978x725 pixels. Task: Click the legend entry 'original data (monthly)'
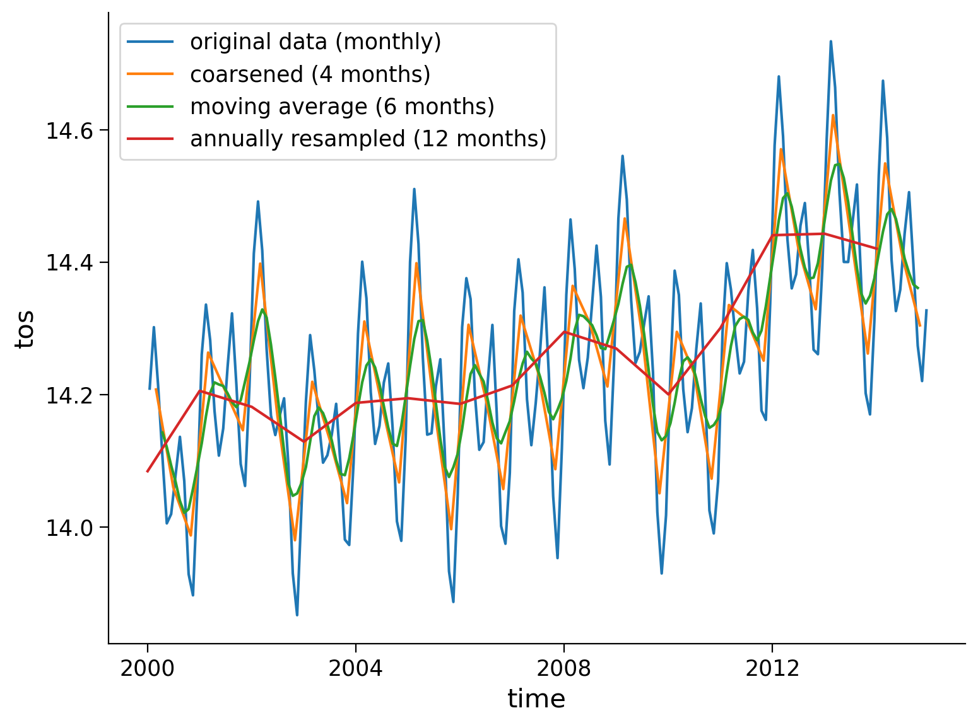(x=315, y=42)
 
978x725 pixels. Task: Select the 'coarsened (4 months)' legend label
(x=310, y=74)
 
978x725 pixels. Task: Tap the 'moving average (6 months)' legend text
(x=342, y=107)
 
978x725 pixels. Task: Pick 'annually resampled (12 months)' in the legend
(x=368, y=139)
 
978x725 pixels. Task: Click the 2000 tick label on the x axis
(x=148, y=668)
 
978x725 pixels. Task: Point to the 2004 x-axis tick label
(x=356, y=668)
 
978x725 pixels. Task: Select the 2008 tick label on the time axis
(x=564, y=668)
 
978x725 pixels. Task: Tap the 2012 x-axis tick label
(x=772, y=668)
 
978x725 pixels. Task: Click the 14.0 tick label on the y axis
(x=69, y=528)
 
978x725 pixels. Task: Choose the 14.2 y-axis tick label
(x=69, y=395)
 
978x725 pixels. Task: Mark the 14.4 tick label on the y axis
(x=69, y=263)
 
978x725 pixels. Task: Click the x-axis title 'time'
(x=536, y=699)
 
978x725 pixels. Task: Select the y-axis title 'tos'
(x=25, y=329)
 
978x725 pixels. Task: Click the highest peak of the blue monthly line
(x=830, y=42)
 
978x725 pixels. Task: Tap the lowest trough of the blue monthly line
(x=297, y=615)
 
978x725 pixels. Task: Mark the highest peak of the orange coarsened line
(x=833, y=115)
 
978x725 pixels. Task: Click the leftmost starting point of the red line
(x=148, y=471)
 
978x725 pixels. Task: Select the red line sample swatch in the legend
(x=150, y=139)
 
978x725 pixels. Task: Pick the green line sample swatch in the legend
(x=150, y=107)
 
